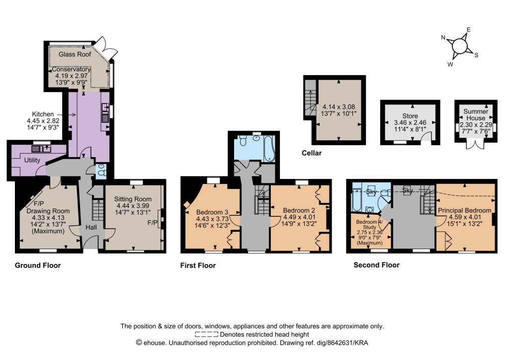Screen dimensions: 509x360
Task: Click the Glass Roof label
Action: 75,54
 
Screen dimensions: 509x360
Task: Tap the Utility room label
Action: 32,160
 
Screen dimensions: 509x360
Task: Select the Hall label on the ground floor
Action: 91,227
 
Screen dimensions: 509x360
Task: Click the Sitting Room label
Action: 133,199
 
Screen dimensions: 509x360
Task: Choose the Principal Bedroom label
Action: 465,210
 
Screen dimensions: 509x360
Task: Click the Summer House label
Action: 476,114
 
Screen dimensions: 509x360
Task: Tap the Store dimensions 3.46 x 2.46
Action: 410,123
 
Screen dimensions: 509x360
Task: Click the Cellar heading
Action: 312,153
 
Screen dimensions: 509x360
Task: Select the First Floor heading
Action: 198,266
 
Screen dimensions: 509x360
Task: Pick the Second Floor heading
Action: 377,265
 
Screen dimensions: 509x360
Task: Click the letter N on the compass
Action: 443,37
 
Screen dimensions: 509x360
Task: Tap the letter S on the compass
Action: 476,55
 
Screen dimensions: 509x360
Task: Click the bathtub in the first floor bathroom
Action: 269,149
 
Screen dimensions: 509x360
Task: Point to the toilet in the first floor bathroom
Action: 243,141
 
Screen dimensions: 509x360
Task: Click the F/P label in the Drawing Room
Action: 39,204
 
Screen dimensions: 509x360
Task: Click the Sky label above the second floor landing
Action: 407,190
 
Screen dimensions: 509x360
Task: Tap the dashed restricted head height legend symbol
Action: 206,335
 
